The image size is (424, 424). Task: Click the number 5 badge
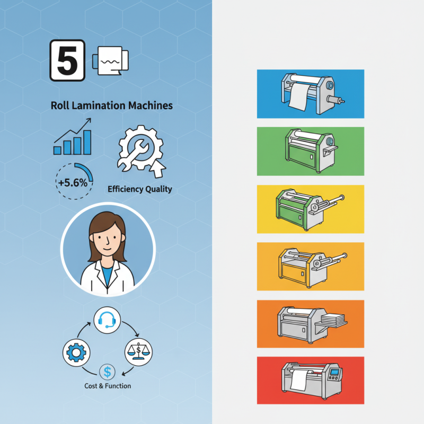68,60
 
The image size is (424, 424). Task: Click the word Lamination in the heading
99,105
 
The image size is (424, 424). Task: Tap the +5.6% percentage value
73,183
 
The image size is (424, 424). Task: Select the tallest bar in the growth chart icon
87,142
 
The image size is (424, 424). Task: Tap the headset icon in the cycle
107,320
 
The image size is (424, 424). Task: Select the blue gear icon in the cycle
76,353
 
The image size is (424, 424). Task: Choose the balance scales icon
138,352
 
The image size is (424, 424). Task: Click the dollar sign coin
108,372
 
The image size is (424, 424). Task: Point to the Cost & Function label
108,386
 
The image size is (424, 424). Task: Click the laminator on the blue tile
312,93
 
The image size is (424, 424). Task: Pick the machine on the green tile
311,151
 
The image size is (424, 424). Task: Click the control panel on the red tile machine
334,374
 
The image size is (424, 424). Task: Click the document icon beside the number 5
111,60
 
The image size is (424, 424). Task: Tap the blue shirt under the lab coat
107,275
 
